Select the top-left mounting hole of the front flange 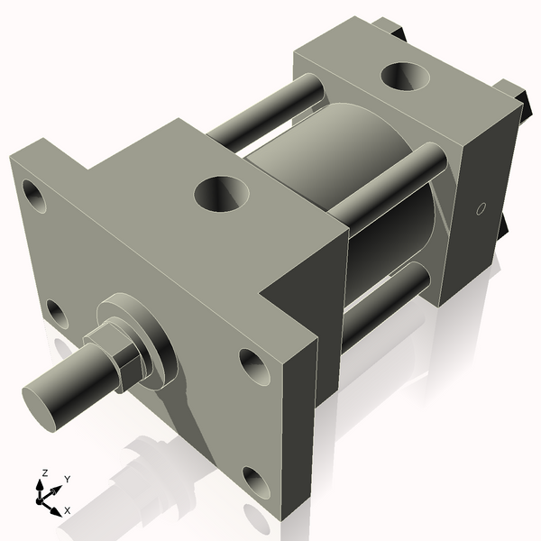(x=33, y=195)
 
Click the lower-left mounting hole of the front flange (x=56, y=313)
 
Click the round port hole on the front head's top (x=217, y=191)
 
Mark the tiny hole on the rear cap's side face (x=480, y=210)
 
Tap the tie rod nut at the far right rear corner (x=514, y=95)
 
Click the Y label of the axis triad (x=68, y=480)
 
